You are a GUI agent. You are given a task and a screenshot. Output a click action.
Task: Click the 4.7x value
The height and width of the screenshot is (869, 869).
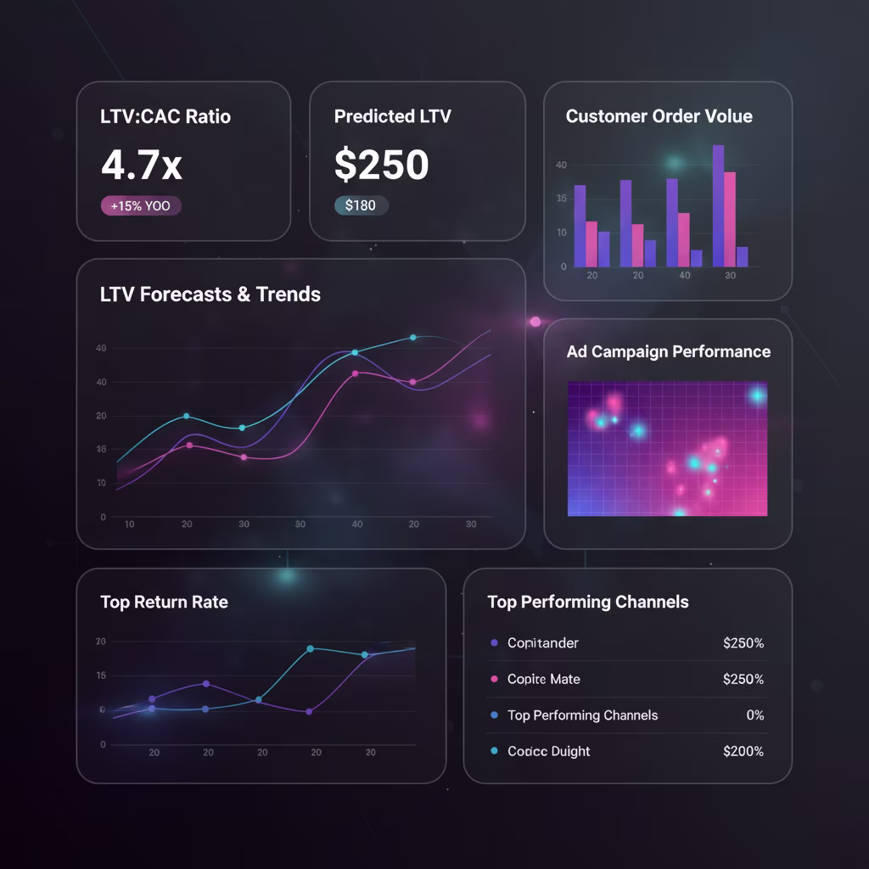(x=142, y=165)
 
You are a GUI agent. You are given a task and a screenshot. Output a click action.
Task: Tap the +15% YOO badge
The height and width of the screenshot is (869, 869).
(x=141, y=205)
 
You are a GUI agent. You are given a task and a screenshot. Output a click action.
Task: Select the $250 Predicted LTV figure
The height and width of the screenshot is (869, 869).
(x=381, y=165)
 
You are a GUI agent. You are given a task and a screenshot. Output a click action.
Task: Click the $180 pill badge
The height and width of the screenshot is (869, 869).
(x=361, y=205)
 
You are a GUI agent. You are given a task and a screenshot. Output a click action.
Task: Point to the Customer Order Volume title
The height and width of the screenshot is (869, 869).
(x=659, y=116)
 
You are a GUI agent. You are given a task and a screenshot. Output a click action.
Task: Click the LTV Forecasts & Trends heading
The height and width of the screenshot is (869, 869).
(x=210, y=294)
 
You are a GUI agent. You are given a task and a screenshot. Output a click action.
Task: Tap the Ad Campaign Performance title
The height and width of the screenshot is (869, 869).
(x=668, y=351)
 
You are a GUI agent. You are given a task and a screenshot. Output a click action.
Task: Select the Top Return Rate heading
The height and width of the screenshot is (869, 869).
(x=164, y=602)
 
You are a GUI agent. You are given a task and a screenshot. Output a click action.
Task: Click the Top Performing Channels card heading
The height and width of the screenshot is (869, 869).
(x=587, y=602)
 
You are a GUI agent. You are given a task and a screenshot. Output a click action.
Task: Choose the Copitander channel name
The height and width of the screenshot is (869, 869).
(x=542, y=643)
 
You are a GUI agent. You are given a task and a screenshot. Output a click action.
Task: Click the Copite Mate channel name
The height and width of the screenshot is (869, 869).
(x=543, y=679)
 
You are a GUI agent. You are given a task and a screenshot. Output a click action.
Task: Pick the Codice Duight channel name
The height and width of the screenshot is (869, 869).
(x=548, y=751)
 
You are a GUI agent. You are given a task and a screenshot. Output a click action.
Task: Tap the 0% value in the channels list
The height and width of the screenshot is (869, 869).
(x=754, y=715)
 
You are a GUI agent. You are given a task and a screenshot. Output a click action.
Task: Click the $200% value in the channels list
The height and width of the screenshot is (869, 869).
(x=743, y=751)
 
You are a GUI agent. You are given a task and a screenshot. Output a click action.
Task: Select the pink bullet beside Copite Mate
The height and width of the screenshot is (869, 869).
(x=494, y=679)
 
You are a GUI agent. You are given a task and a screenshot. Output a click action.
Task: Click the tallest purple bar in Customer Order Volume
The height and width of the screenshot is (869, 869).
(x=718, y=205)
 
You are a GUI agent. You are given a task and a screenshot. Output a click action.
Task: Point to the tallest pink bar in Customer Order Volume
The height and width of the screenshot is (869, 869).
(x=730, y=219)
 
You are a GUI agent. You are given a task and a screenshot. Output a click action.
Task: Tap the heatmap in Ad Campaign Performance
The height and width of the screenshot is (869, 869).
(x=667, y=448)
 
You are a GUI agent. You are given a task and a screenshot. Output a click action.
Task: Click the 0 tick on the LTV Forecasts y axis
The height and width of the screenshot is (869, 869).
(x=104, y=517)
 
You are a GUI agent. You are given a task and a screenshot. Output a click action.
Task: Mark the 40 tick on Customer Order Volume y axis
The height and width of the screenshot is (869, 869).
(x=561, y=165)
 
